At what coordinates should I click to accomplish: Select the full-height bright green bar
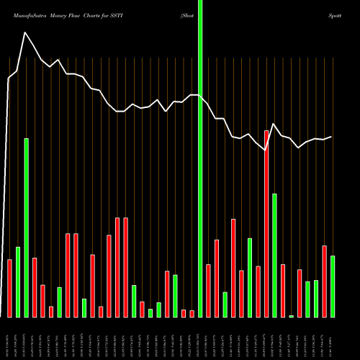(x=200, y=158)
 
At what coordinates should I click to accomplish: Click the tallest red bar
(x=266, y=223)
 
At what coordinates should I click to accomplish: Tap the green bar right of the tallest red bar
(x=274, y=255)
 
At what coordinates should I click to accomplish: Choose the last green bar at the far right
(x=333, y=286)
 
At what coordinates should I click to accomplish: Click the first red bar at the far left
(x=10, y=288)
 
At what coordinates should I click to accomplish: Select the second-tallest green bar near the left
(x=27, y=228)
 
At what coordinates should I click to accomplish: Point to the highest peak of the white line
(x=25, y=32)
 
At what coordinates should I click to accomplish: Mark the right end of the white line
(x=332, y=137)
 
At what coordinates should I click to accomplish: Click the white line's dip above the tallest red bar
(x=266, y=150)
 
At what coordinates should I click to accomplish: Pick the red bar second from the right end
(x=324, y=281)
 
